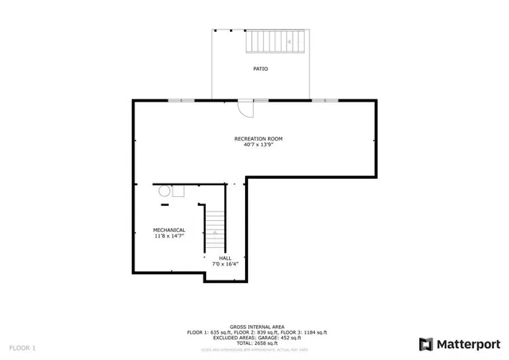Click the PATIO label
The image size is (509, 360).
click(x=260, y=69)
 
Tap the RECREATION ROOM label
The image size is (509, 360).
click(x=258, y=139)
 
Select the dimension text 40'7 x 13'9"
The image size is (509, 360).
click(x=258, y=145)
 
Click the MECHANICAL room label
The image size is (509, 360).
click(x=169, y=230)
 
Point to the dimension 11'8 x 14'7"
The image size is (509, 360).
click(x=169, y=236)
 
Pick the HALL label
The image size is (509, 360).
click(x=226, y=257)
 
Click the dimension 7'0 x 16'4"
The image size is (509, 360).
click(x=226, y=263)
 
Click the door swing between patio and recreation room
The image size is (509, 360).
click(x=246, y=107)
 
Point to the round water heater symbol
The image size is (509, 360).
click(x=165, y=191)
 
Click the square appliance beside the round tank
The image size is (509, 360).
click(x=178, y=191)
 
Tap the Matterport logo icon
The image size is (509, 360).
click(x=425, y=344)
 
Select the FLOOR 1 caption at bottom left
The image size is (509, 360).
click(x=22, y=348)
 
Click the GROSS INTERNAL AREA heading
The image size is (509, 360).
click(x=257, y=327)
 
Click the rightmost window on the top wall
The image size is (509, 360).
click(x=323, y=100)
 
